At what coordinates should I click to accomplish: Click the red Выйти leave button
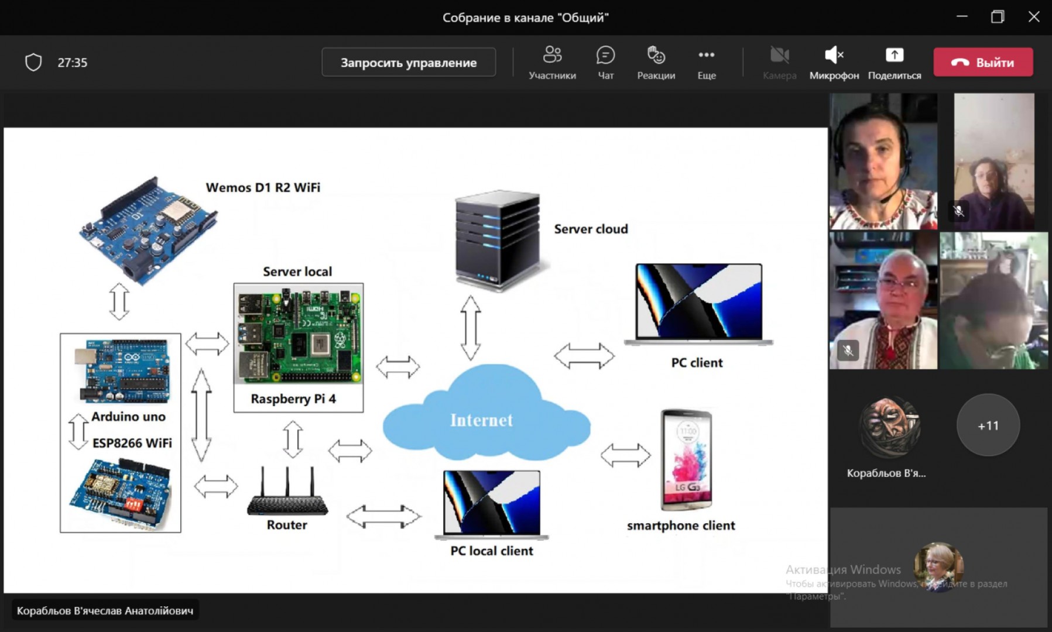pyautogui.click(x=983, y=62)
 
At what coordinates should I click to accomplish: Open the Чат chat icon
pyautogui.click(x=605, y=56)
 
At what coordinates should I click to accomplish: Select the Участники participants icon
pyautogui.click(x=552, y=56)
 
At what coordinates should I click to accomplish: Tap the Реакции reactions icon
pyautogui.click(x=656, y=56)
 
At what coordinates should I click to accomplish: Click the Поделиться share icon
pyautogui.click(x=894, y=56)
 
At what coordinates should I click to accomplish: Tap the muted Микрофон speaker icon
pyautogui.click(x=834, y=56)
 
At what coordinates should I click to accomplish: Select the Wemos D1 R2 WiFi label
pyautogui.click(x=263, y=188)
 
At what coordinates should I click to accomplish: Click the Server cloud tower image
pyautogui.click(x=497, y=239)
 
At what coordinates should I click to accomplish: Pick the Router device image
pyautogui.click(x=287, y=494)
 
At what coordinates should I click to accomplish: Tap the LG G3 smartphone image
pyautogui.click(x=686, y=460)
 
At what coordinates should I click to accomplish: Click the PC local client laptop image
pyautogui.click(x=492, y=504)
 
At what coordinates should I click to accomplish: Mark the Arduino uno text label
pyautogui.click(x=128, y=417)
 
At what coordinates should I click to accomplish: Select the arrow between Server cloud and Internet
pyautogui.click(x=470, y=328)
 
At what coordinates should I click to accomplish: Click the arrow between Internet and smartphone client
pyautogui.click(x=625, y=455)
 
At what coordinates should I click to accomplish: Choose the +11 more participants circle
pyautogui.click(x=988, y=425)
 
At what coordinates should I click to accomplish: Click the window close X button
pyautogui.click(x=1034, y=17)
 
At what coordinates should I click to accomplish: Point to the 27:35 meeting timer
pyautogui.click(x=72, y=63)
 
